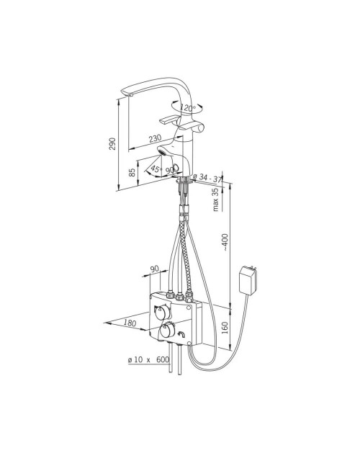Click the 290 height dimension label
click(x=112, y=143)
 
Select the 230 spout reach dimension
click(x=155, y=139)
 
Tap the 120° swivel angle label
click(x=188, y=108)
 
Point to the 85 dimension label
click(x=132, y=172)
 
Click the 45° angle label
click(x=156, y=169)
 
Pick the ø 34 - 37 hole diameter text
click(x=207, y=178)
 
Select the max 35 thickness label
click(x=215, y=200)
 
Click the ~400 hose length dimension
click(x=225, y=242)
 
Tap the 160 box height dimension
click(x=225, y=328)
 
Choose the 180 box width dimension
click(x=130, y=323)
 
